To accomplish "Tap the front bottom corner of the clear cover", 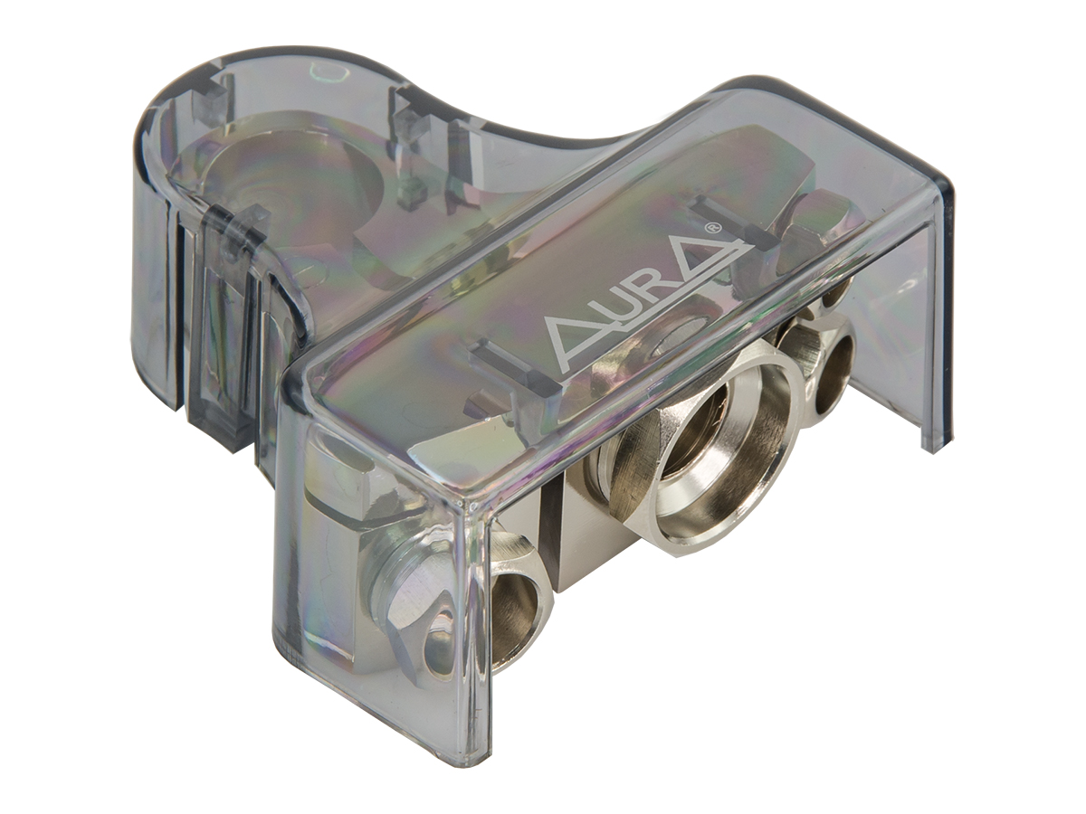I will pos(481,751).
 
